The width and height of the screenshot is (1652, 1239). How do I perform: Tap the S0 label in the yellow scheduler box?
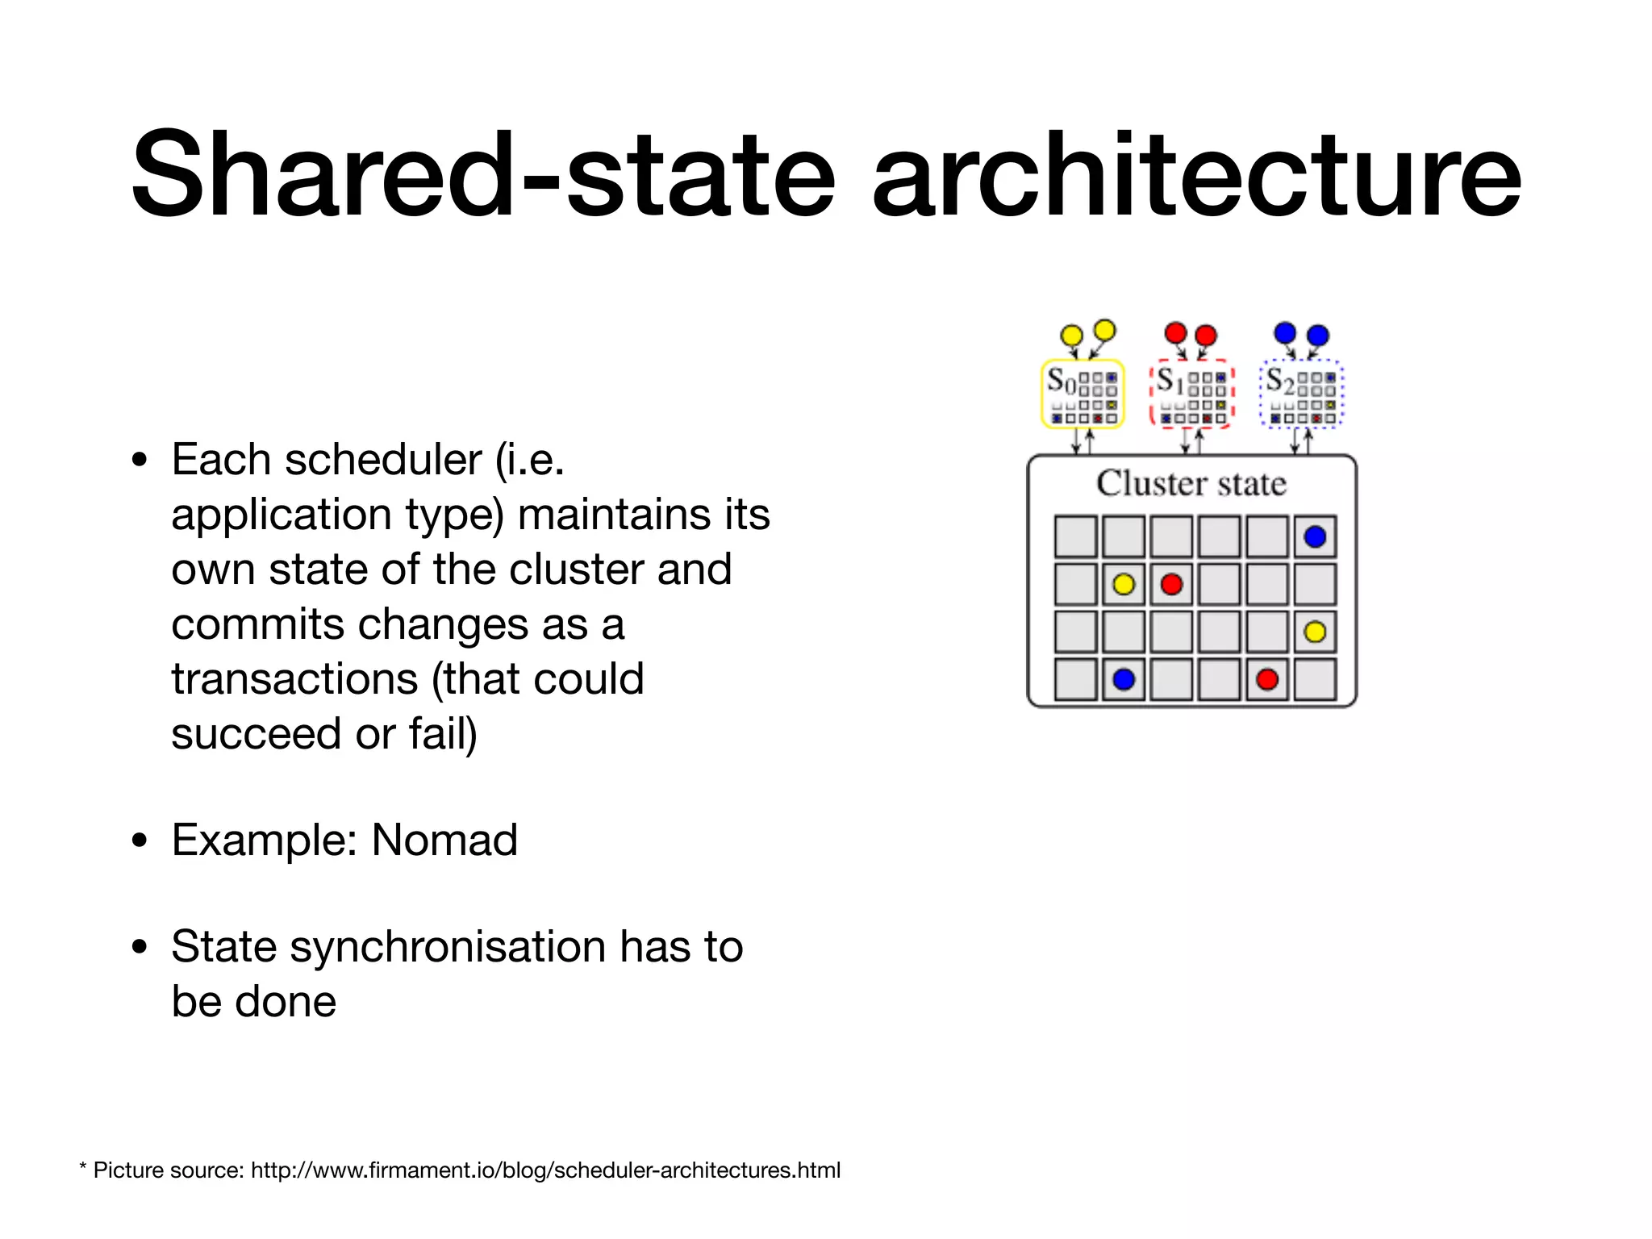1061,380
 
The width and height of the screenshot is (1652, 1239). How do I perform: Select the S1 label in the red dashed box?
1170,380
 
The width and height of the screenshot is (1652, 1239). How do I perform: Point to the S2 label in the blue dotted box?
1279,380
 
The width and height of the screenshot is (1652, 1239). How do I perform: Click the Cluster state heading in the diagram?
1191,483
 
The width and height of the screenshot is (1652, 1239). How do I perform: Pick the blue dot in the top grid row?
1315,536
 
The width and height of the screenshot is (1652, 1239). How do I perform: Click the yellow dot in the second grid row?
1124,584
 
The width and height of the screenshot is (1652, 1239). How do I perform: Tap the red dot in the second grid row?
1171,584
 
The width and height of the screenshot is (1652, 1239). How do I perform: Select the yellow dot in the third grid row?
1315,632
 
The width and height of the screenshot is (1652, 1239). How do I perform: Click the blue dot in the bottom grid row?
1124,679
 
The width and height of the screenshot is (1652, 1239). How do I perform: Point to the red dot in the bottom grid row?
1267,679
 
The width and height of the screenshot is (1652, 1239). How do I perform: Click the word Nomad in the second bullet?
444,840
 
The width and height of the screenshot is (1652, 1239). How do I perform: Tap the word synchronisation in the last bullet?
448,947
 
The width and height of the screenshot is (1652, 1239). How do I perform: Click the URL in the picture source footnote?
545,1170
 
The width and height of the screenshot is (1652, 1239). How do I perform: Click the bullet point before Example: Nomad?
140,840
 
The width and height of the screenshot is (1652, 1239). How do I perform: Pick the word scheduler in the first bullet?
382,460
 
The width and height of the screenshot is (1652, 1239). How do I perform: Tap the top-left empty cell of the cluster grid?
1075,536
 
